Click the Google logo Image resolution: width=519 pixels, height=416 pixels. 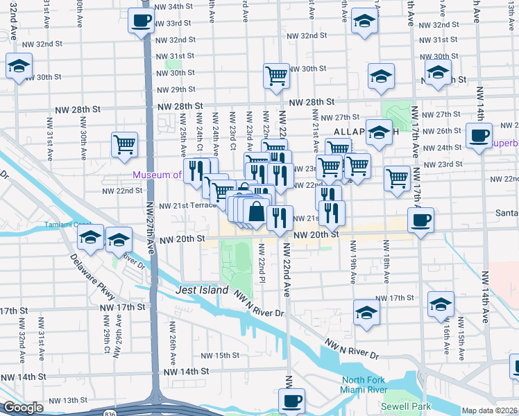coord(24,408)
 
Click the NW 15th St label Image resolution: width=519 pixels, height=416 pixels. coord(219,356)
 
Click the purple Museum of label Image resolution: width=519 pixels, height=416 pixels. coord(157,175)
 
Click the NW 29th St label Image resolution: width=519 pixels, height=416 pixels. coord(176,89)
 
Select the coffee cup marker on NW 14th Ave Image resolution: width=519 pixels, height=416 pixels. coord(478,135)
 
